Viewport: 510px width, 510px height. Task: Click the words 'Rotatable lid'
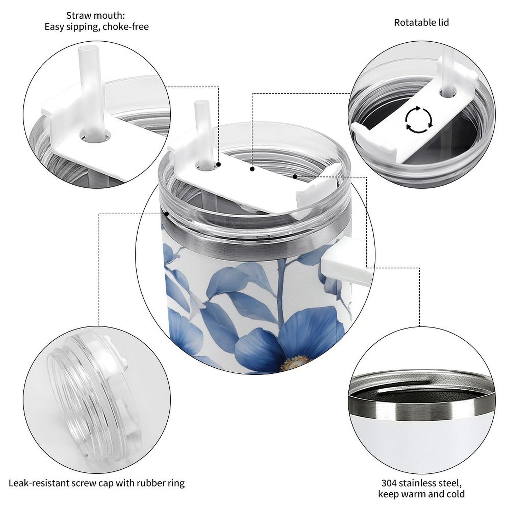[421, 23]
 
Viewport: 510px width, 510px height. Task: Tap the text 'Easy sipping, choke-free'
[96, 27]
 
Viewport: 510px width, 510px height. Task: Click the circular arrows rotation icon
[418, 119]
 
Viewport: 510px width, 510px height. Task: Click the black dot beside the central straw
[218, 164]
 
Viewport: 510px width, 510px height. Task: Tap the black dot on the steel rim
[166, 213]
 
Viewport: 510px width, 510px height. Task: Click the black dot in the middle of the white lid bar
[252, 169]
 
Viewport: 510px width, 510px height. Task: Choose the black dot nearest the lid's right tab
[295, 176]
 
